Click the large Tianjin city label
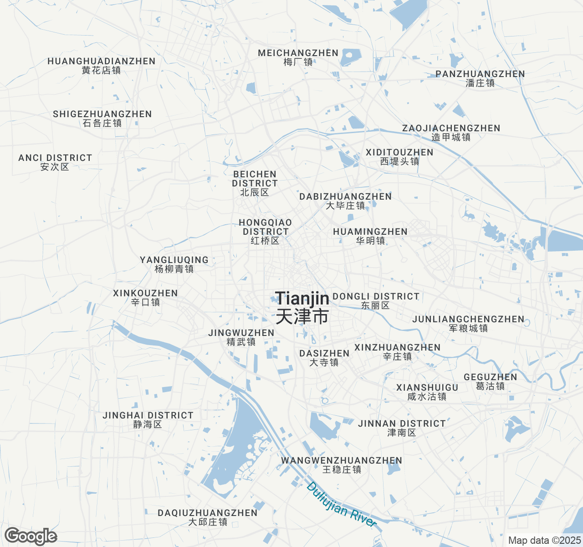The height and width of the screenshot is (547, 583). click(302, 308)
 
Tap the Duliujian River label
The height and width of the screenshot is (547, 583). click(342, 505)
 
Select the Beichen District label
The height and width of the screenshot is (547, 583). click(255, 183)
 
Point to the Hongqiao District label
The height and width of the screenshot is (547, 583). click(265, 232)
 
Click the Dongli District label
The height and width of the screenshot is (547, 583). click(376, 301)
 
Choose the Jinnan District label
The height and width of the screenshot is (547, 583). click(402, 428)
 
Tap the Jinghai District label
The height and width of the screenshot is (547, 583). click(148, 420)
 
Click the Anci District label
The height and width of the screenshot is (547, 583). click(55, 162)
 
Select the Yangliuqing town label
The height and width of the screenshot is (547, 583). click(174, 264)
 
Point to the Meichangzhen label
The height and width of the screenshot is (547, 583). click(298, 57)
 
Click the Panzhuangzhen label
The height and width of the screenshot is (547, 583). click(480, 78)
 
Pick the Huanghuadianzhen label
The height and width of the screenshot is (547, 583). click(102, 66)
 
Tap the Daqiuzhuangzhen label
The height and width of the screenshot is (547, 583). click(208, 517)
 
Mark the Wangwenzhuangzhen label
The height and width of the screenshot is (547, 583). click(342, 465)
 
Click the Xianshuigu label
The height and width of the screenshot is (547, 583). click(427, 392)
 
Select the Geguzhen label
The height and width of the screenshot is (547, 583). click(490, 382)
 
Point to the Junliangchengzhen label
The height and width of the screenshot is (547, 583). click(468, 324)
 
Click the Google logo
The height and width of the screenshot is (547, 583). click(31, 537)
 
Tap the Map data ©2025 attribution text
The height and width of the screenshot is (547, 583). click(544, 541)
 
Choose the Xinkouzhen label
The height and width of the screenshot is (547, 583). click(145, 298)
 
